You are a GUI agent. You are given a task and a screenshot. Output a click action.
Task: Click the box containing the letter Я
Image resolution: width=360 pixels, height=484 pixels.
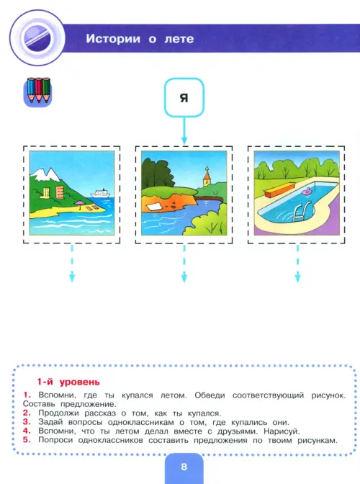[184, 97]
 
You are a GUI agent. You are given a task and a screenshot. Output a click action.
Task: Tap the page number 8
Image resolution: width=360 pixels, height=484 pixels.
[184, 467]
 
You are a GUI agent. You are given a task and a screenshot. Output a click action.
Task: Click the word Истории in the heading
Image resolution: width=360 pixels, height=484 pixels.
[113, 39]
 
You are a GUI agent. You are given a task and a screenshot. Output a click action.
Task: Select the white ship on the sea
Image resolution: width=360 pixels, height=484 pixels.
[100, 193]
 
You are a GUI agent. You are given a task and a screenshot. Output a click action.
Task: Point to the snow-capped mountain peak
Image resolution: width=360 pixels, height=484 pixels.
[45, 174]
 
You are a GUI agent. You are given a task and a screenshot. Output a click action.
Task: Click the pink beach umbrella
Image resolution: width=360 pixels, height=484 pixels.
[80, 204]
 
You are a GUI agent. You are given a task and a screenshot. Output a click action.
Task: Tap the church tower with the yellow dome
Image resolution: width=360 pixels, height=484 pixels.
[207, 177]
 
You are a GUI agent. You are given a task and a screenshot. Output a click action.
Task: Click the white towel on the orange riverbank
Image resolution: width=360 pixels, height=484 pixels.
[153, 206]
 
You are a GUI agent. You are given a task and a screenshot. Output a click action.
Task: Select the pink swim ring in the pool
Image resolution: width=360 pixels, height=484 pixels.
[307, 192]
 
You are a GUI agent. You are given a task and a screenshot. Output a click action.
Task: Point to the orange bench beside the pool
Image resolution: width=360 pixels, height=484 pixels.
[279, 190]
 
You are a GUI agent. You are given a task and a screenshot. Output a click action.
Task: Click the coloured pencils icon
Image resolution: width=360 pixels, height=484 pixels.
[38, 91]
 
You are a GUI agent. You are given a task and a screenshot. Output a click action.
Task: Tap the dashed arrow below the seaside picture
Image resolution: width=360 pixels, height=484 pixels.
[72, 264]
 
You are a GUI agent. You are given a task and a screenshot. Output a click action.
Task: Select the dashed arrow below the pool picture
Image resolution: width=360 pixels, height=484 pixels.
[297, 264]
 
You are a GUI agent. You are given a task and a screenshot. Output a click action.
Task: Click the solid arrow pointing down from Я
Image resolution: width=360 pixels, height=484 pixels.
[184, 130]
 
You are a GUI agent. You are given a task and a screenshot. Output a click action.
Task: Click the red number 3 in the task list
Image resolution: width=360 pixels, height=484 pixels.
[27, 421]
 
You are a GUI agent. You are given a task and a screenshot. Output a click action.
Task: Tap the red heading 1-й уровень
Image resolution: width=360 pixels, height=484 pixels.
[68, 382]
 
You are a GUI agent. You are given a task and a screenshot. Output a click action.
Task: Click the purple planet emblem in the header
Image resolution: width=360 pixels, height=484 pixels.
[37, 38]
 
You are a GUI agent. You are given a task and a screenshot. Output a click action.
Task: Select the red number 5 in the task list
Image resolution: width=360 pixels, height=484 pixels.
[27, 439]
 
